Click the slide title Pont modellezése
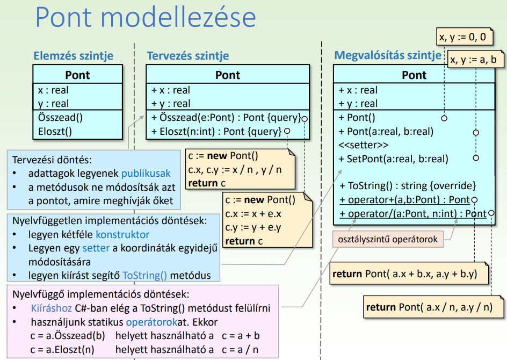[146, 17]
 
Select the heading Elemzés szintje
[74, 55]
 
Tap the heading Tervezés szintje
[188, 55]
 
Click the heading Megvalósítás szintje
[388, 55]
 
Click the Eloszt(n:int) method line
[216, 131]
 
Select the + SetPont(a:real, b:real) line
[393, 159]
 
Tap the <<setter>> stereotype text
[364, 145]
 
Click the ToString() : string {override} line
[408, 186]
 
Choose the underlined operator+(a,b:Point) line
[404, 200]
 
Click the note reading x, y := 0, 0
[462, 37]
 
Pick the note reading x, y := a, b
[473, 59]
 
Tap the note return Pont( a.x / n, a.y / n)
[429, 307]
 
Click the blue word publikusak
[146, 174]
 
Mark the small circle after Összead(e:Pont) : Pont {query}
[305, 118]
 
